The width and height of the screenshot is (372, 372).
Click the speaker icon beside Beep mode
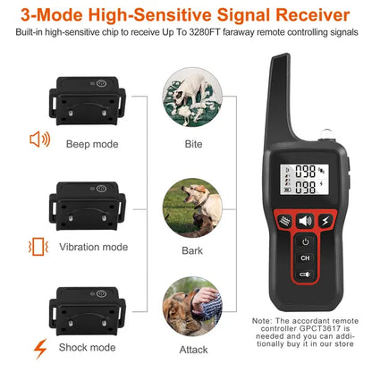point(40,139)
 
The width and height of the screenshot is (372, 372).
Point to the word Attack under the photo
point(194,350)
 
